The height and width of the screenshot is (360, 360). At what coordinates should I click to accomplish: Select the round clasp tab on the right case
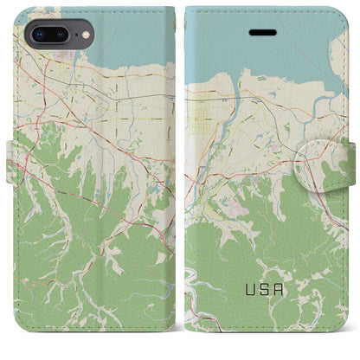319,164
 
